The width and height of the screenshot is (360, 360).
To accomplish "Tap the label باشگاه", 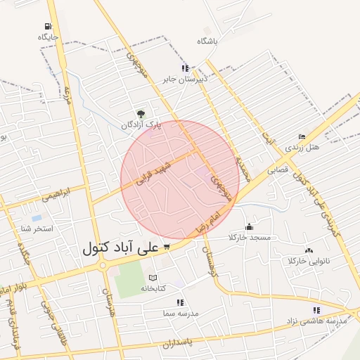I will pyautogui.click(x=208, y=41).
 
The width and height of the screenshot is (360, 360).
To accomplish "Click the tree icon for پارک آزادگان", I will pyautogui.click(x=141, y=113).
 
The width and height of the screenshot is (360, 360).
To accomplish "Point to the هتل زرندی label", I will pyautogui.click(x=302, y=148).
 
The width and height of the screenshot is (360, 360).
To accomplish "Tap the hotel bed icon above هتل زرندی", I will pyautogui.click(x=302, y=137).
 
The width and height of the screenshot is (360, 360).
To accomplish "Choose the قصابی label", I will pyautogui.click(x=278, y=169).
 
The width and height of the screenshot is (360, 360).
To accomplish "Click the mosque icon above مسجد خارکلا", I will pyautogui.click(x=249, y=226).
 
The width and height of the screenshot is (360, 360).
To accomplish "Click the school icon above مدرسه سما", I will pyautogui.click(x=180, y=302).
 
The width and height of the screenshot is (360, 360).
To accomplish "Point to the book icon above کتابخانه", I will pyautogui.click(x=153, y=278).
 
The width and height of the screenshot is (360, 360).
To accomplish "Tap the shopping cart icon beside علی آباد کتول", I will pyautogui.click(x=167, y=247).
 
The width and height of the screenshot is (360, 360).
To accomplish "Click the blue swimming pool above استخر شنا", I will pyautogui.click(x=35, y=219).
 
